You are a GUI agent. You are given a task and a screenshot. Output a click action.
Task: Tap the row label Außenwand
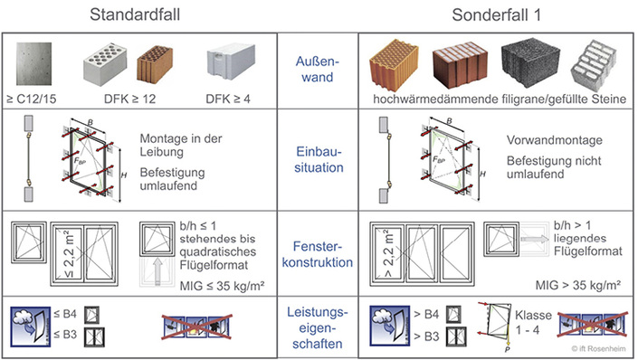point(318,70)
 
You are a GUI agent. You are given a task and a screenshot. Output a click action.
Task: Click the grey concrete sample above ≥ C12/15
point(33,62)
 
